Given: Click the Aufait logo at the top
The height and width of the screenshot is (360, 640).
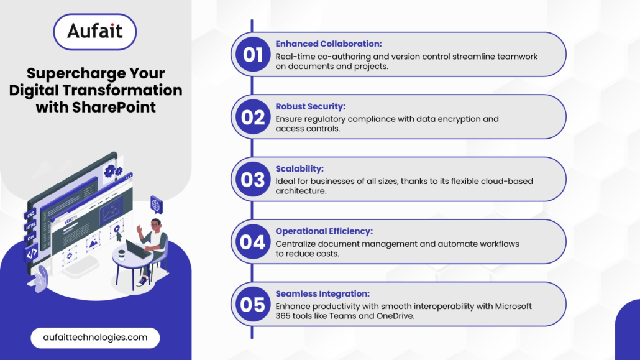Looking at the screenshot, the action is click(x=94, y=32).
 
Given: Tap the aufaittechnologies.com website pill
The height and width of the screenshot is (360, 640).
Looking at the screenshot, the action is click(x=95, y=338).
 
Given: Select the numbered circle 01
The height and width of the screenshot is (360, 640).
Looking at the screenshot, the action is click(x=253, y=54).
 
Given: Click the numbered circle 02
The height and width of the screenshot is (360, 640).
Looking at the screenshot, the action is click(x=253, y=117).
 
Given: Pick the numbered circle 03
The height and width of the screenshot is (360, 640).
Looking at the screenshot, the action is click(x=253, y=180).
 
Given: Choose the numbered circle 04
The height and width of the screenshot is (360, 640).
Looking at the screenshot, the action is click(x=253, y=242).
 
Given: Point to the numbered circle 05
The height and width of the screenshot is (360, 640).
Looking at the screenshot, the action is click(x=253, y=305).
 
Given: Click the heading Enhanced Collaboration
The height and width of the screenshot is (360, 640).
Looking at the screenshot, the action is click(x=329, y=44).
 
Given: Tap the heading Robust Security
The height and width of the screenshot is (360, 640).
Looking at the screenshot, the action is click(x=310, y=106).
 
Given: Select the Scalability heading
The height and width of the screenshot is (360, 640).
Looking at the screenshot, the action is click(x=299, y=168).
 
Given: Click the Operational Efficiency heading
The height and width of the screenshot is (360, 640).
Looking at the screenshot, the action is click(x=324, y=231).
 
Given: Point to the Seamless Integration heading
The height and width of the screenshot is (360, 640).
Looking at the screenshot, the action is click(x=322, y=294).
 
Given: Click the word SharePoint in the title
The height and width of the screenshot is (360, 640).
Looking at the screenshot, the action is click(x=114, y=107).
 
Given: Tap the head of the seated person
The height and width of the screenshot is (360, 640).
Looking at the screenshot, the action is click(x=155, y=224).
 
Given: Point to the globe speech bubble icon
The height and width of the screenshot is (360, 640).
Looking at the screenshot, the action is click(x=156, y=205).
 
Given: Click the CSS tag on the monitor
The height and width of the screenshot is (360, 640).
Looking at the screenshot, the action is click(x=30, y=214).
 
